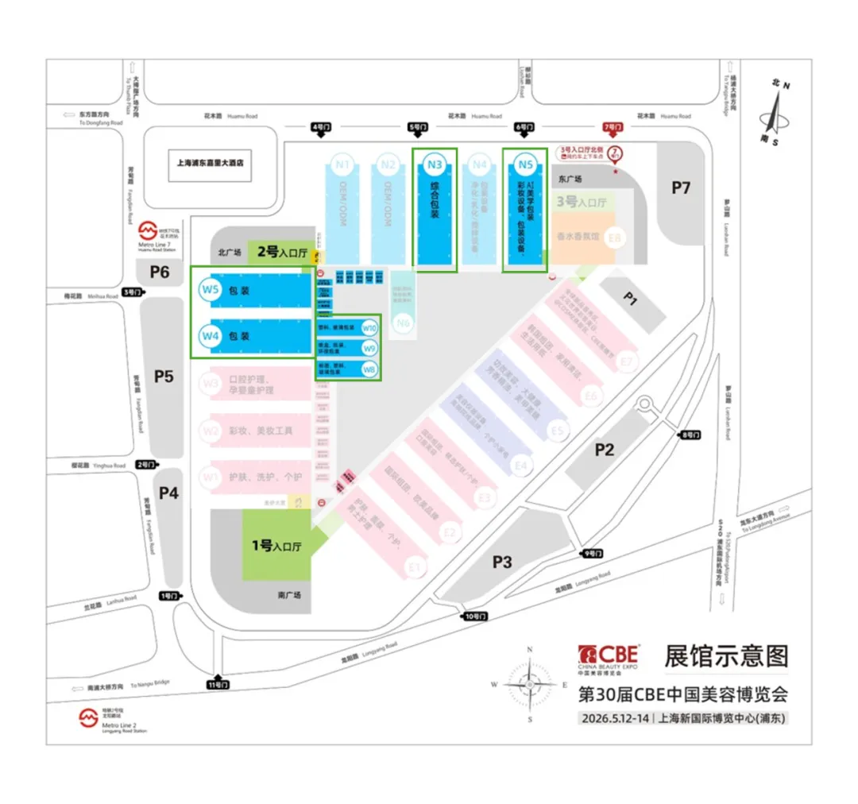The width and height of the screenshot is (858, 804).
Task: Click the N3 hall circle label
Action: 434,165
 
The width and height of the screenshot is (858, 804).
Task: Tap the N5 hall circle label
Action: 524,165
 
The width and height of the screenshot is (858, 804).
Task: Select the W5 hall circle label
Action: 210,290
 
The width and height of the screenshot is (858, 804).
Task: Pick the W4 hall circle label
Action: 210,336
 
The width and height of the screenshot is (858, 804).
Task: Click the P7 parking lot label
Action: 681,187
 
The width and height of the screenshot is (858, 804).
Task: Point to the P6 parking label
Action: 160,272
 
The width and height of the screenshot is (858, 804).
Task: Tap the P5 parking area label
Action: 163,376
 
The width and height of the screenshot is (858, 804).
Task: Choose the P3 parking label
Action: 501,562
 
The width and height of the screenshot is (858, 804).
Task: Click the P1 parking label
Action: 630,299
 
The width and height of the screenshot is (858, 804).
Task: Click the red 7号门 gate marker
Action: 613,126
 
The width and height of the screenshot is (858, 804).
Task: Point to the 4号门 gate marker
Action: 321,126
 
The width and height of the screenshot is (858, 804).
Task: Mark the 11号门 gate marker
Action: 217,684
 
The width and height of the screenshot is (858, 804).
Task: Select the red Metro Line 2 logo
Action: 87,718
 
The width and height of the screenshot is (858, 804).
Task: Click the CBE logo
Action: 609,655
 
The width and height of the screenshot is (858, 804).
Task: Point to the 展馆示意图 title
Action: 726,655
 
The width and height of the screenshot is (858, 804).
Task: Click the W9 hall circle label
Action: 369,348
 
